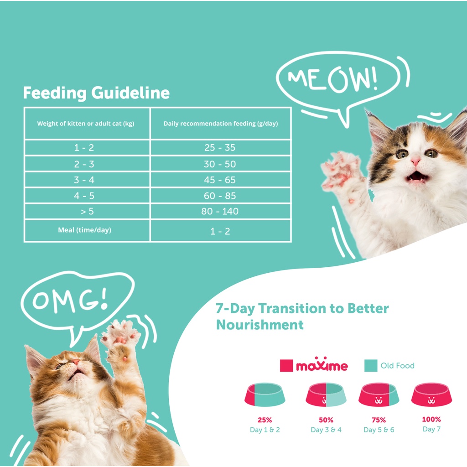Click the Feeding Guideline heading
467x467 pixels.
click(x=96, y=93)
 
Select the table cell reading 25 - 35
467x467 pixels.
click(x=220, y=147)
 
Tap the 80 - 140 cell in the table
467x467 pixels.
click(x=220, y=211)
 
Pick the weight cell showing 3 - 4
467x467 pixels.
click(x=84, y=180)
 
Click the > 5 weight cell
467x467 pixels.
click(x=87, y=211)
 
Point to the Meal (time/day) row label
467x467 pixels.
click(x=84, y=230)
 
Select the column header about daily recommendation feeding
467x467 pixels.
click(x=221, y=124)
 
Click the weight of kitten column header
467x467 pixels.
click(x=86, y=124)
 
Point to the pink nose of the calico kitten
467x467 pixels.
click(x=415, y=162)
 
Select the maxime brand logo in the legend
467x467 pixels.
click(x=322, y=365)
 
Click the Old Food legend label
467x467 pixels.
click(x=397, y=365)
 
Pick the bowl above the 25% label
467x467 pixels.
click(x=265, y=394)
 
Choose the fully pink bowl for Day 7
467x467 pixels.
click(x=431, y=394)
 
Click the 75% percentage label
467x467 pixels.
click(x=379, y=420)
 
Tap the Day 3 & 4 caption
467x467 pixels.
click(x=326, y=430)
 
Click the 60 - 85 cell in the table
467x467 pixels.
click(x=220, y=195)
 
